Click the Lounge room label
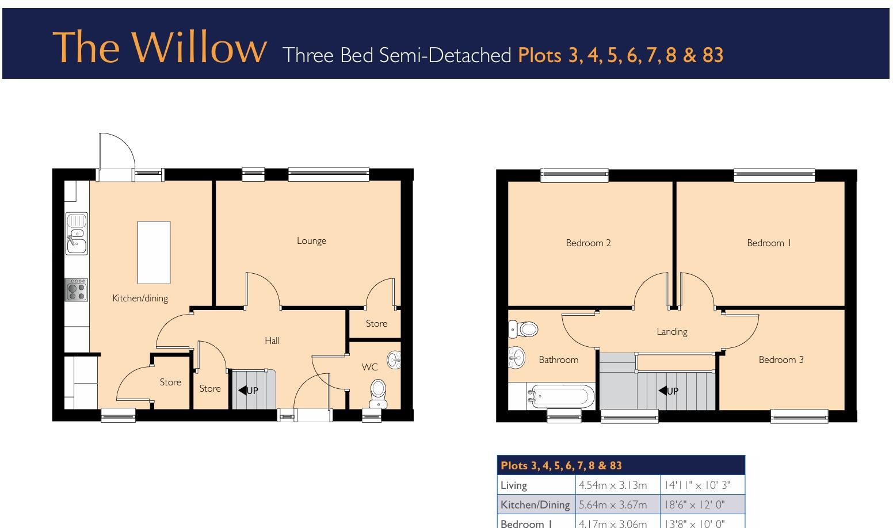tap(311, 240)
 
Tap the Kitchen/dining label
tap(140, 298)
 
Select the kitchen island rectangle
tap(154, 252)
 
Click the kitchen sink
tap(77, 233)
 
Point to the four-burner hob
tap(77, 290)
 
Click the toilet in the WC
tap(378, 390)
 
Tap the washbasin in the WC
tap(395, 360)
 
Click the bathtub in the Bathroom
tap(560, 396)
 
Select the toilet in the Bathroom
tap(524, 329)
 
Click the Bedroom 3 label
tap(781, 359)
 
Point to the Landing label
tap(672, 331)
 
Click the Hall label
tap(272, 340)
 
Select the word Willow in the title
tap(202, 47)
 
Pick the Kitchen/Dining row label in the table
tap(535, 505)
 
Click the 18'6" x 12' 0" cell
tap(696, 505)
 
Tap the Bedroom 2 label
tap(589, 243)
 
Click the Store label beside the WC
tap(377, 323)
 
